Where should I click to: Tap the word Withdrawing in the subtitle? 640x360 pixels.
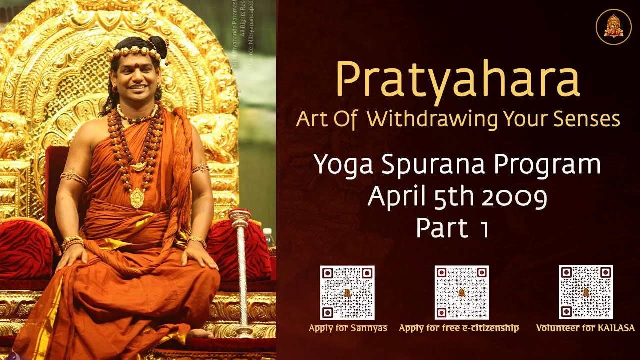pyautogui.click(x=434, y=119)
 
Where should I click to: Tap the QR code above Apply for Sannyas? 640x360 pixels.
pyautogui.click(x=347, y=292)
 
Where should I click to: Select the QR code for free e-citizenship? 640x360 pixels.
pyautogui.click(x=461, y=292)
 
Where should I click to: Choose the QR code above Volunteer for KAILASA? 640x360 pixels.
pyautogui.click(x=585, y=292)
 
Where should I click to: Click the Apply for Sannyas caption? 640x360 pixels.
pyautogui.click(x=348, y=328)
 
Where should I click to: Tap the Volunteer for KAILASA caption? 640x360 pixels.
pyautogui.click(x=585, y=328)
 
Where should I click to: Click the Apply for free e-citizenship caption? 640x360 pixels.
pyautogui.click(x=459, y=328)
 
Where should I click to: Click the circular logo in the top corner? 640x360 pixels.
pyautogui.click(x=613, y=26)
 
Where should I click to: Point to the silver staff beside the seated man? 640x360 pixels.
pyautogui.click(x=241, y=270)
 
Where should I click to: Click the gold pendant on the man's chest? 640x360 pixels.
pyautogui.click(x=137, y=198)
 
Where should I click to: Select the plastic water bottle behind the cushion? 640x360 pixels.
pyautogui.click(x=269, y=238)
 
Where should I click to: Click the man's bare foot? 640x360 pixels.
pyautogui.click(x=199, y=333)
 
